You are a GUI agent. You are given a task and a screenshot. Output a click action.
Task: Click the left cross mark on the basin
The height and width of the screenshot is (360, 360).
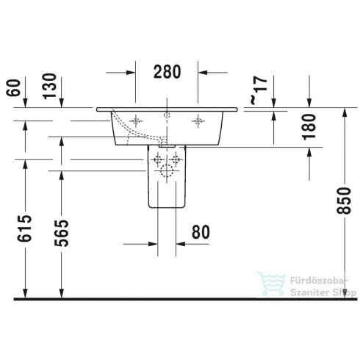point(136,120)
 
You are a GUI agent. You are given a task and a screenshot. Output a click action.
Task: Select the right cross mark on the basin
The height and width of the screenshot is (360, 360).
point(196,120)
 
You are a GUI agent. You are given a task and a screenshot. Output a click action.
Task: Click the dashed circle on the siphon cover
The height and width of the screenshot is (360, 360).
point(167,174)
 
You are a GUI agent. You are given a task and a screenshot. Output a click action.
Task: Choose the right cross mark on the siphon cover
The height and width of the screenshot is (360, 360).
point(176,160)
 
